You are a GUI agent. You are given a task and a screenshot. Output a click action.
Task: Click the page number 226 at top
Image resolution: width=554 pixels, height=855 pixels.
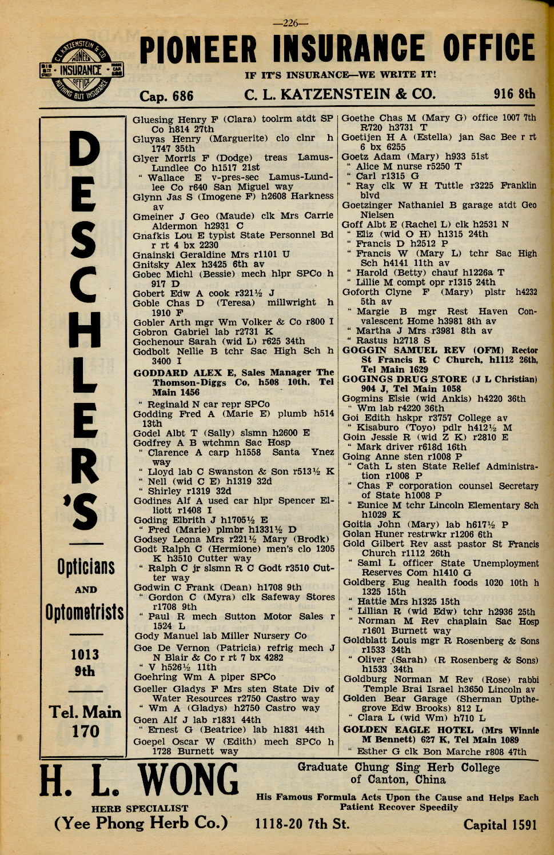pyautogui.click(x=290, y=23)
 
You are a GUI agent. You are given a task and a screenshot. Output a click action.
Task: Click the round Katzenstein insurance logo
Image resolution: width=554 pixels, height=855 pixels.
pyautogui.click(x=81, y=71)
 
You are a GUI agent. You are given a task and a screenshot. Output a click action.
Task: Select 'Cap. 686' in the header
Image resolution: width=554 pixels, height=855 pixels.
pyautogui.click(x=166, y=96)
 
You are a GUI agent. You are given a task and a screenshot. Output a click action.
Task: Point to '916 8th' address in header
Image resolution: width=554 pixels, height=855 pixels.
pyautogui.click(x=515, y=94)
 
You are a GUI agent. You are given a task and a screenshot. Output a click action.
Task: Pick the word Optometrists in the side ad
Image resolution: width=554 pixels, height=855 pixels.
pyautogui.click(x=85, y=612)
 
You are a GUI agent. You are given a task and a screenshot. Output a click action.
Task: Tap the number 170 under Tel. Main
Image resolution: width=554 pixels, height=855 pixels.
pyautogui.click(x=85, y=731)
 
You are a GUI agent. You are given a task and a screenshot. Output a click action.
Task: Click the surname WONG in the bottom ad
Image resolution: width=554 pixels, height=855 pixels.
pyautogui.click(x=188, y=781)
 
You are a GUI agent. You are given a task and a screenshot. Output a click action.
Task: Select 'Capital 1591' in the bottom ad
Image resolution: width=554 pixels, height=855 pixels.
pyautogui.click(x=500, y=824)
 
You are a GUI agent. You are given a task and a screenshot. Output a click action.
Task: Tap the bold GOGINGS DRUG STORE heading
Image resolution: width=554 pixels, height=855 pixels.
pyautogui.click(x=405, y=379)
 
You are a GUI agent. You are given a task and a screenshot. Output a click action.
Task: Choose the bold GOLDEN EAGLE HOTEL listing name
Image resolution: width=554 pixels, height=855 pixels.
pyautogui.click(x=408, y=730)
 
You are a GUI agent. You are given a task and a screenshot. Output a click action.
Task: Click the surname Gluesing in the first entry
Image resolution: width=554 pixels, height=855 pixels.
pyautogui.click(x=153, y=119)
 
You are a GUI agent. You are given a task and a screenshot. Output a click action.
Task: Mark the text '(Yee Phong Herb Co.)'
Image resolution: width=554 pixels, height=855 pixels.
pyautogui.click(x=141, y=823)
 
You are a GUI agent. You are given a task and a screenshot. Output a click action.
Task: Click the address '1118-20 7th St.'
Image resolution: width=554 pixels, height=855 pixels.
pyautogui.click(x=302, y=824)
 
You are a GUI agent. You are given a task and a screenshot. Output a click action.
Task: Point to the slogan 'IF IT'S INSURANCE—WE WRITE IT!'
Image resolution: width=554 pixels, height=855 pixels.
pyautogui.click(x=341, y=75)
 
